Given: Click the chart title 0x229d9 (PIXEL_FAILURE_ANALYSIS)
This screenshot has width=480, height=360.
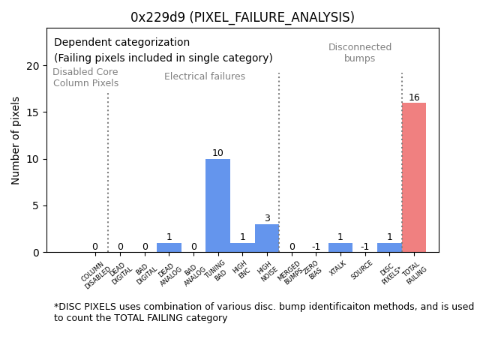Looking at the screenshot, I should [242, 17].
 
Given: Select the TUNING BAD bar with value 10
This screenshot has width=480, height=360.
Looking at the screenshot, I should [217, 205].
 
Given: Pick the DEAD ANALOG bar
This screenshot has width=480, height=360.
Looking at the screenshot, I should [169, 247].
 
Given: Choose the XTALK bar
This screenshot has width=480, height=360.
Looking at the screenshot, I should [340, 247].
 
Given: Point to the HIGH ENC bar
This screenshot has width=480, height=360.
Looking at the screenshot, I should [242, 247].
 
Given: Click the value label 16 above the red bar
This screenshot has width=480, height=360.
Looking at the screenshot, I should [414, 97].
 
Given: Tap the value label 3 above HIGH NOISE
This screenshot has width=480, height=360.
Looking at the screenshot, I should [267, 219].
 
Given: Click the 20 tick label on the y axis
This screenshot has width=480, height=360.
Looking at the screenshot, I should [33, 66].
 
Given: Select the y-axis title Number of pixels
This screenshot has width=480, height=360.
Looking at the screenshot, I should [16, 140].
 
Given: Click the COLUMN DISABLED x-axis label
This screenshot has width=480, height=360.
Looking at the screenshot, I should [96, 275].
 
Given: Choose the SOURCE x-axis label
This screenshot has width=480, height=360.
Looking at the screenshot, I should [363, 270].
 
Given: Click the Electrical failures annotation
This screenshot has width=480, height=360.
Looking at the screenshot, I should [205, 76].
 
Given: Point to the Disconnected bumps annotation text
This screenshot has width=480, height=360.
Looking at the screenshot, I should [360, 53].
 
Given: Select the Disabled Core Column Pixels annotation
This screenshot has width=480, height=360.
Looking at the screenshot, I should [85, 78].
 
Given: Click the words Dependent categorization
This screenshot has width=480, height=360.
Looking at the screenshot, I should [121, 43].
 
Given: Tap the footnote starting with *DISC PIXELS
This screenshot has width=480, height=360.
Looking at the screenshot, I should [263, 312].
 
